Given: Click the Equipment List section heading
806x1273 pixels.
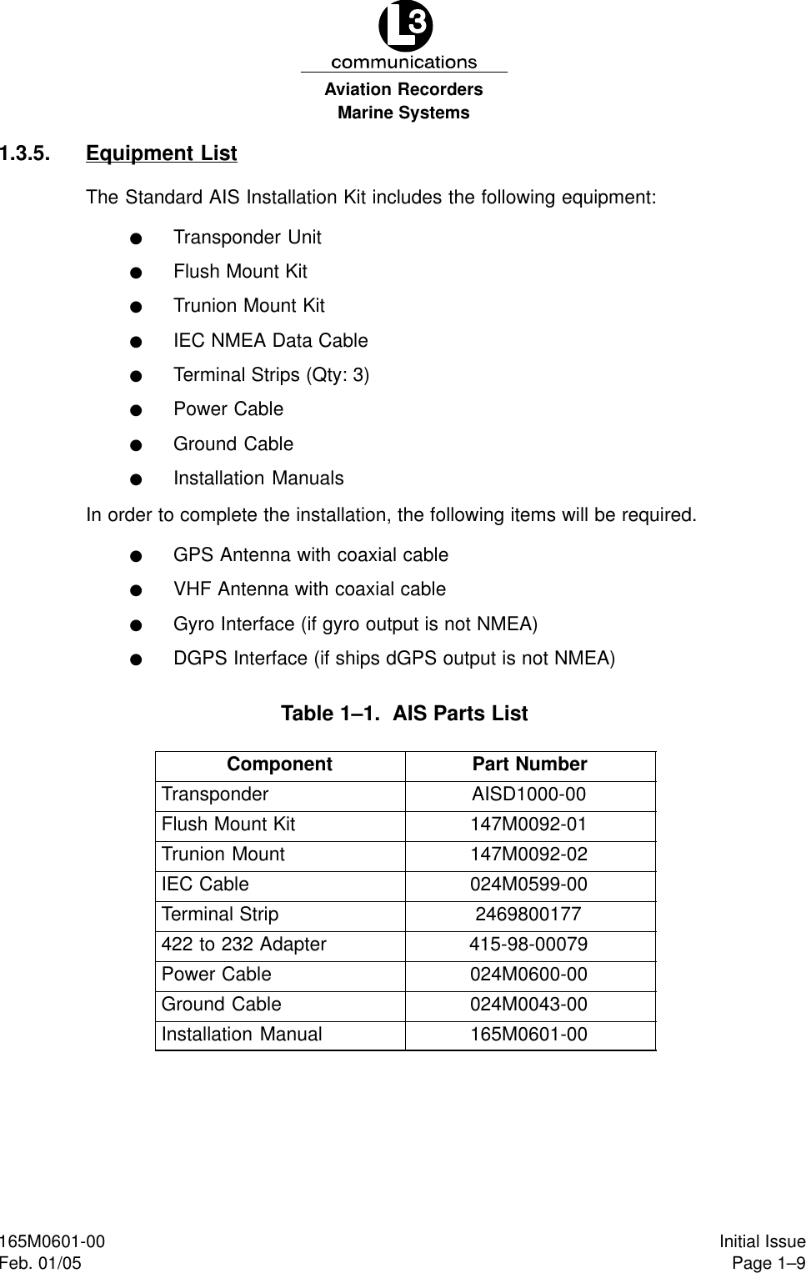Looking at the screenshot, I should pos(161,153).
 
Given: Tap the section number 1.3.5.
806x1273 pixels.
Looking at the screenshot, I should pos(25,153).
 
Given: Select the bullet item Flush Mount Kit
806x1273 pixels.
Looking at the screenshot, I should pos(240,272).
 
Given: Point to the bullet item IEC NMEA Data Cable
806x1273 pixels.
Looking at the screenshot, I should pos(270,341).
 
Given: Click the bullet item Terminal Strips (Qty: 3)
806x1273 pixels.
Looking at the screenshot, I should pos(271,375).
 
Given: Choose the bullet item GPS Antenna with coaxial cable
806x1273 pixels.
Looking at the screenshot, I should pos(310,555).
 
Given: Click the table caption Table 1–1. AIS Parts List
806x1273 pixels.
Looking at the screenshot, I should pos(404,714).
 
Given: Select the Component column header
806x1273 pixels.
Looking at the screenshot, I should pos(279,764).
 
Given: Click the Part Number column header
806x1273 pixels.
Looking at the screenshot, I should pos(529,764).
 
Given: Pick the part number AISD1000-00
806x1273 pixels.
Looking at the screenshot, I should pos(528,794).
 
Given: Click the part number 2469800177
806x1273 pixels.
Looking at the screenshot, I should pos(528,915).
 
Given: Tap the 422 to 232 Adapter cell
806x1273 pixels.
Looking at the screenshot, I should pos(244,945).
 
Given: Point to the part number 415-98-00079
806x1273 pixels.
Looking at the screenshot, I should pos(528,945).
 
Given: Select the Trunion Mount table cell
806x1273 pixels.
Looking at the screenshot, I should pos(223,855).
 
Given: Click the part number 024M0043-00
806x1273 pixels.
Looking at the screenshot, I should pos(528,1005).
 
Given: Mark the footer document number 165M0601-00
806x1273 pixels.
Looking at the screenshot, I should pos(53,1242).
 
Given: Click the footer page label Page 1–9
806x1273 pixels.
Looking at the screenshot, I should pos(768,1264).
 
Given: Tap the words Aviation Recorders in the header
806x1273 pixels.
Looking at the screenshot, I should pos(404,89).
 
